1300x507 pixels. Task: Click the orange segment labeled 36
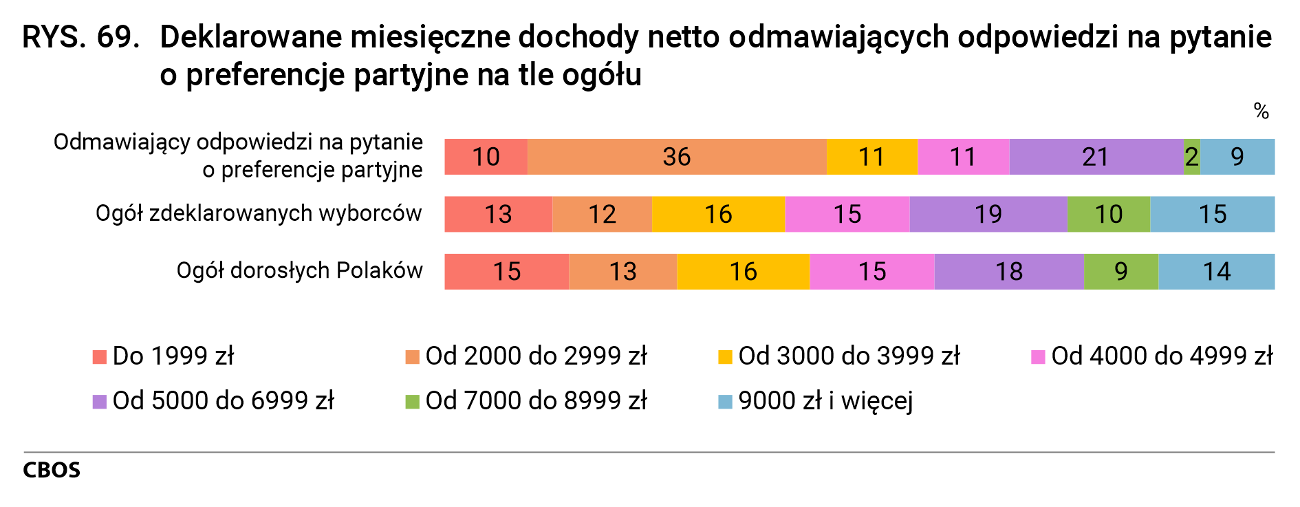[x=677, y=157]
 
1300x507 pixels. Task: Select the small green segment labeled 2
[x=1192, y=157]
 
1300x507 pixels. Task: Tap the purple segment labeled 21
[x=1096, y=157]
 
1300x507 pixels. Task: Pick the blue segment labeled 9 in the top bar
[x=1237, y=157]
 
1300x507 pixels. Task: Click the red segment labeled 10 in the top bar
[x=486, y=157]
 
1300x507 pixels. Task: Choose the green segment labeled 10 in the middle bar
[x=1108, y=214]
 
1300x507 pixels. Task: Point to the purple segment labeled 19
[x=988, y=214]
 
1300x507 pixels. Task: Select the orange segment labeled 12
[x=602, y=214]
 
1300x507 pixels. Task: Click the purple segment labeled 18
[x=1008, y=271]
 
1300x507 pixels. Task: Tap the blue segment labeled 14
[x=1216, y=271]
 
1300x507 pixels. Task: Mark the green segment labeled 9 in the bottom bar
[x=1120, y=271]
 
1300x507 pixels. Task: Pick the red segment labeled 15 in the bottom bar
[x=506, y=271]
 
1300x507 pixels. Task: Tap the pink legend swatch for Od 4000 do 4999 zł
[x=1038, y=357]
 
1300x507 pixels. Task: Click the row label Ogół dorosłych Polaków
[x=299, y=270]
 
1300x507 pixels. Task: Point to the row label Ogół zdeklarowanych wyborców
[x=259, y=213]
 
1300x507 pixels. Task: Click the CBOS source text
[x=52, y=470]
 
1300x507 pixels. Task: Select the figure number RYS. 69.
[x=81, y=37]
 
